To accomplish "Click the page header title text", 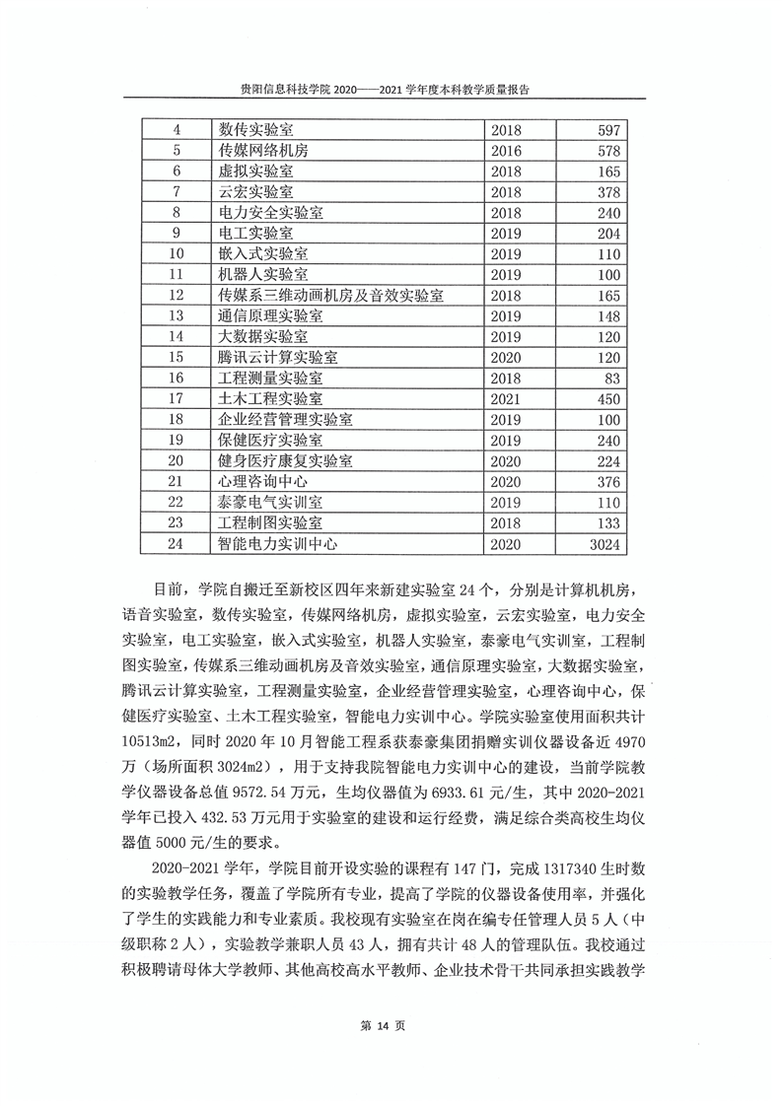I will click(x=391, y=88).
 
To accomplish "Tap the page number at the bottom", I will click(x=391, y=1025).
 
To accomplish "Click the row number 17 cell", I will click(x=178, y=398).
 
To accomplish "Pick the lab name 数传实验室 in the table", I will click(x=256, y=130).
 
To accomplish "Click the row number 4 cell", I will click(x=178, y=130).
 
